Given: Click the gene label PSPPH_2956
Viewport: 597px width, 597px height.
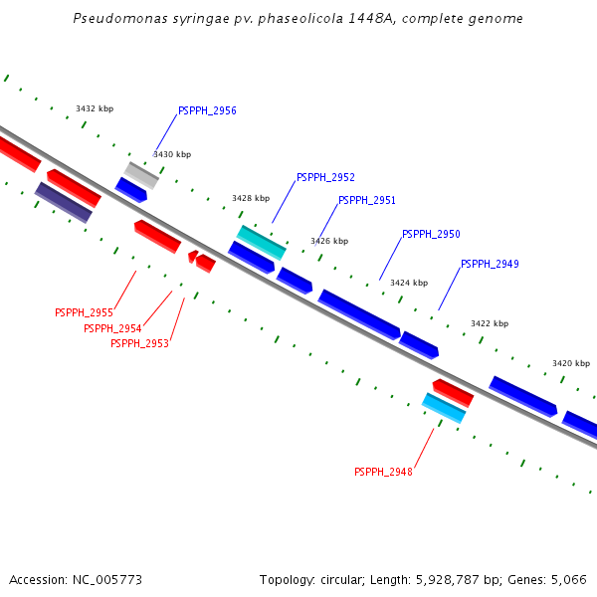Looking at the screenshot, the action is point(207,111).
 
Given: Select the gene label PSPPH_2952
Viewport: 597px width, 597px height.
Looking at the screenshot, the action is point(325,178).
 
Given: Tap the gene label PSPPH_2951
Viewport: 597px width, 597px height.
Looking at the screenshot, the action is point(367,201).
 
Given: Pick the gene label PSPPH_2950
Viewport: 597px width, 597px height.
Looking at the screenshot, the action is point(431,235).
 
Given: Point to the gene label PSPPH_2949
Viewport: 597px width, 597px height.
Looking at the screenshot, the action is point(490,265).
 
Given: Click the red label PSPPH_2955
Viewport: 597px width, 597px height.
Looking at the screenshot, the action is point(84,313).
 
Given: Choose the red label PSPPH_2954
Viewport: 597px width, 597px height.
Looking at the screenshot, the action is point(112,329).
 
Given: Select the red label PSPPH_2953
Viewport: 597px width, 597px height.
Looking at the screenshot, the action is point(139,344).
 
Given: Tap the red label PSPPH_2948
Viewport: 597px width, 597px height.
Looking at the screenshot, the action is point(383,473).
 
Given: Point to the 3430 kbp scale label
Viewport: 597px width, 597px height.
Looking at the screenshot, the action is point(172,155).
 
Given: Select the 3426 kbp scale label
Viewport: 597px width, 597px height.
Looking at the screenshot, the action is point(329,242).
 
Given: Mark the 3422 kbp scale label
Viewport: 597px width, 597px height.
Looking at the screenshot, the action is point(490,324).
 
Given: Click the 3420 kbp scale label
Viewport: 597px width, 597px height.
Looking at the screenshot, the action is point(571,364).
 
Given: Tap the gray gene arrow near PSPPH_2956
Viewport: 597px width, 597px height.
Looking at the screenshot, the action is point(141,175).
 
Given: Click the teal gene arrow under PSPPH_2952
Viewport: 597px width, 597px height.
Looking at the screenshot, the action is point(262,242).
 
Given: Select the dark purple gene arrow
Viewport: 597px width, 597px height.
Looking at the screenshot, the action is point(64,202).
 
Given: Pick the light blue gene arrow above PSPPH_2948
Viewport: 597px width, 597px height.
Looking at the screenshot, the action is point(444,408).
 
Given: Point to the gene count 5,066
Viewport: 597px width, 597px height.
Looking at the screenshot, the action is point(570,579).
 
